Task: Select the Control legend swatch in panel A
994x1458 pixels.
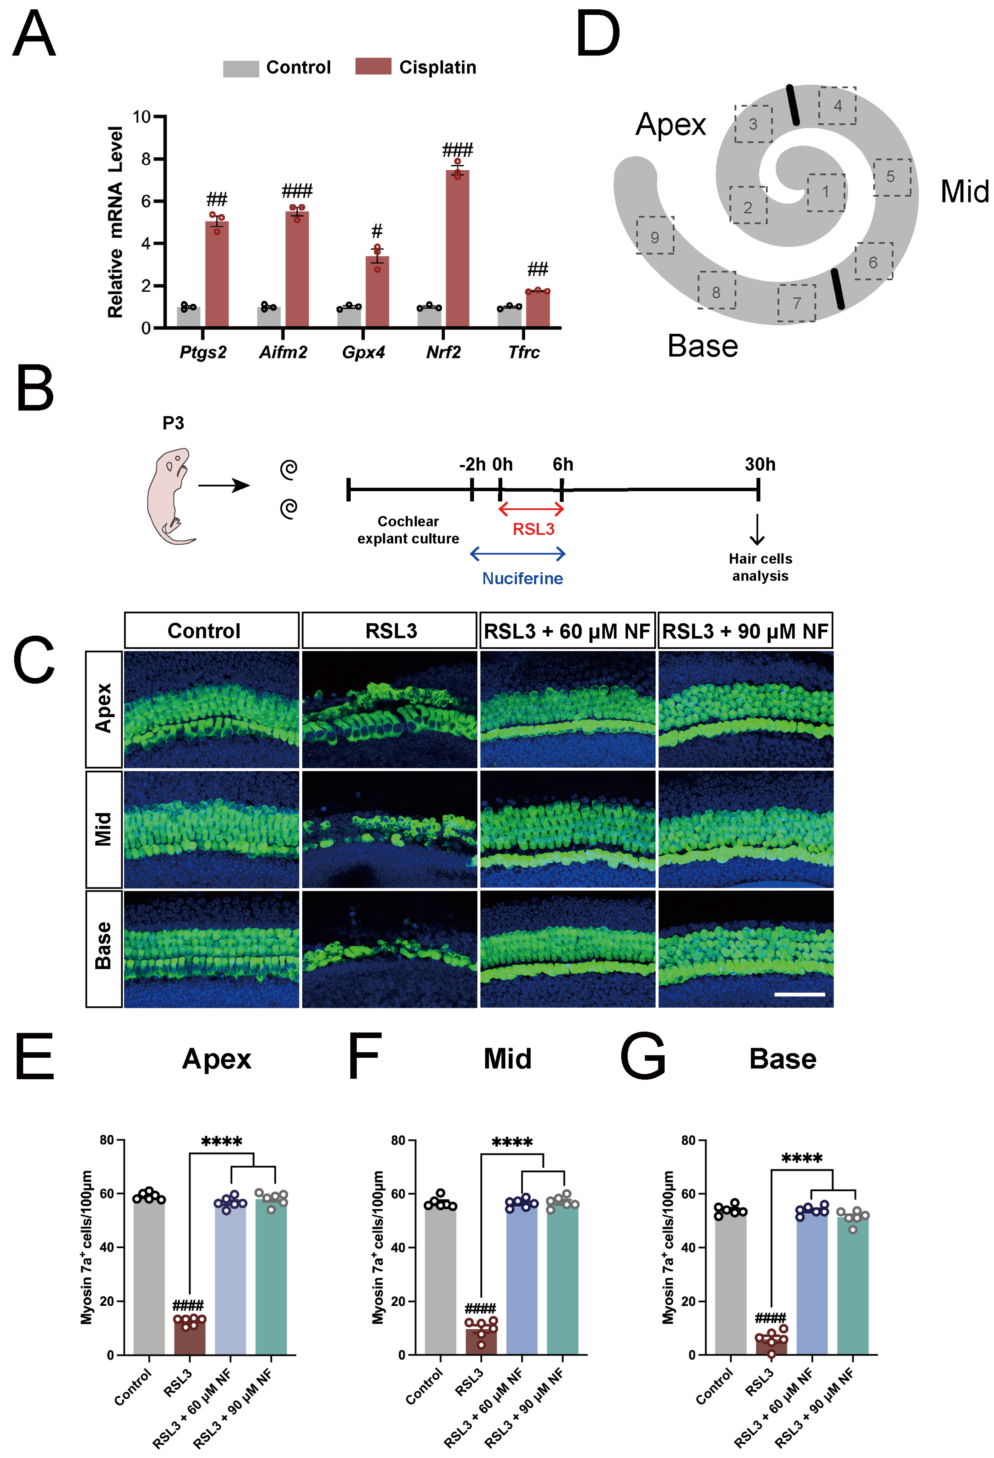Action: [241, 69]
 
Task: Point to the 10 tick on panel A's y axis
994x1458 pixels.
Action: [142, 117]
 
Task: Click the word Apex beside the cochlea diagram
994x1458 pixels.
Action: [670, 124]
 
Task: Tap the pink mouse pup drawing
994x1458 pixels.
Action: [168, 496]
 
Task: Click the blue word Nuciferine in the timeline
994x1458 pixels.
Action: [522, 578]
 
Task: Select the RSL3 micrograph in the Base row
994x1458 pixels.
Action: [389, 948]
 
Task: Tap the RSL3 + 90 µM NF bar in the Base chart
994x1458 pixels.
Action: [852, 1286]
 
